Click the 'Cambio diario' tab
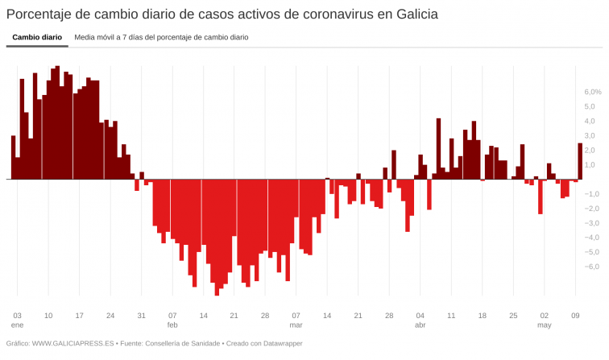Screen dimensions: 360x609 (x=37, y=37)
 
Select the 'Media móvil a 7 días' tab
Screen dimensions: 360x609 (x=161, y=37)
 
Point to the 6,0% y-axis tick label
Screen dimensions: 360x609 (x=593, y=93)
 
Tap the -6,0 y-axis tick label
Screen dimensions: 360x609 (x=592, y=267)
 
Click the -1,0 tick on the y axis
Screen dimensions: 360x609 (x=592, y=194)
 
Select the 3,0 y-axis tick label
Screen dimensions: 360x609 (x=590, y=136)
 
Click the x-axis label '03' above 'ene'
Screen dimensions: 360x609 (x=17, y=315)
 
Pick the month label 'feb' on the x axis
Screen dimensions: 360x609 (x=172, y=325)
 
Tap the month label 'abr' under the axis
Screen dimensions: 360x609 (x=420, y=325)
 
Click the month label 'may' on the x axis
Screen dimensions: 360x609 (x=545, y=325)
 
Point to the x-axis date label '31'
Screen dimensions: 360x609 (x=141, y=315)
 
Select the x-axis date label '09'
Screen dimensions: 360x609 (x=575, y=315)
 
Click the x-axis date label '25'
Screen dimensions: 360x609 (x=513, y=315)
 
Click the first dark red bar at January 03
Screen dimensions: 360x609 (x=13, y=158)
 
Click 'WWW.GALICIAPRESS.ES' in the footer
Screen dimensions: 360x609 (x=70, y=344)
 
